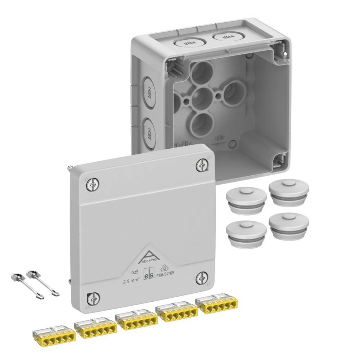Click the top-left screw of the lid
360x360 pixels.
tap(93, 185)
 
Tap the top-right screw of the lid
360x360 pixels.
tap(202, 165)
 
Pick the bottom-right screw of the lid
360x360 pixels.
tap(202, 278)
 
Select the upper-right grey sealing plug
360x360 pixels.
tap(289, 192)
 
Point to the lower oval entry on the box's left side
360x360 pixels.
tap(148, 132)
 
